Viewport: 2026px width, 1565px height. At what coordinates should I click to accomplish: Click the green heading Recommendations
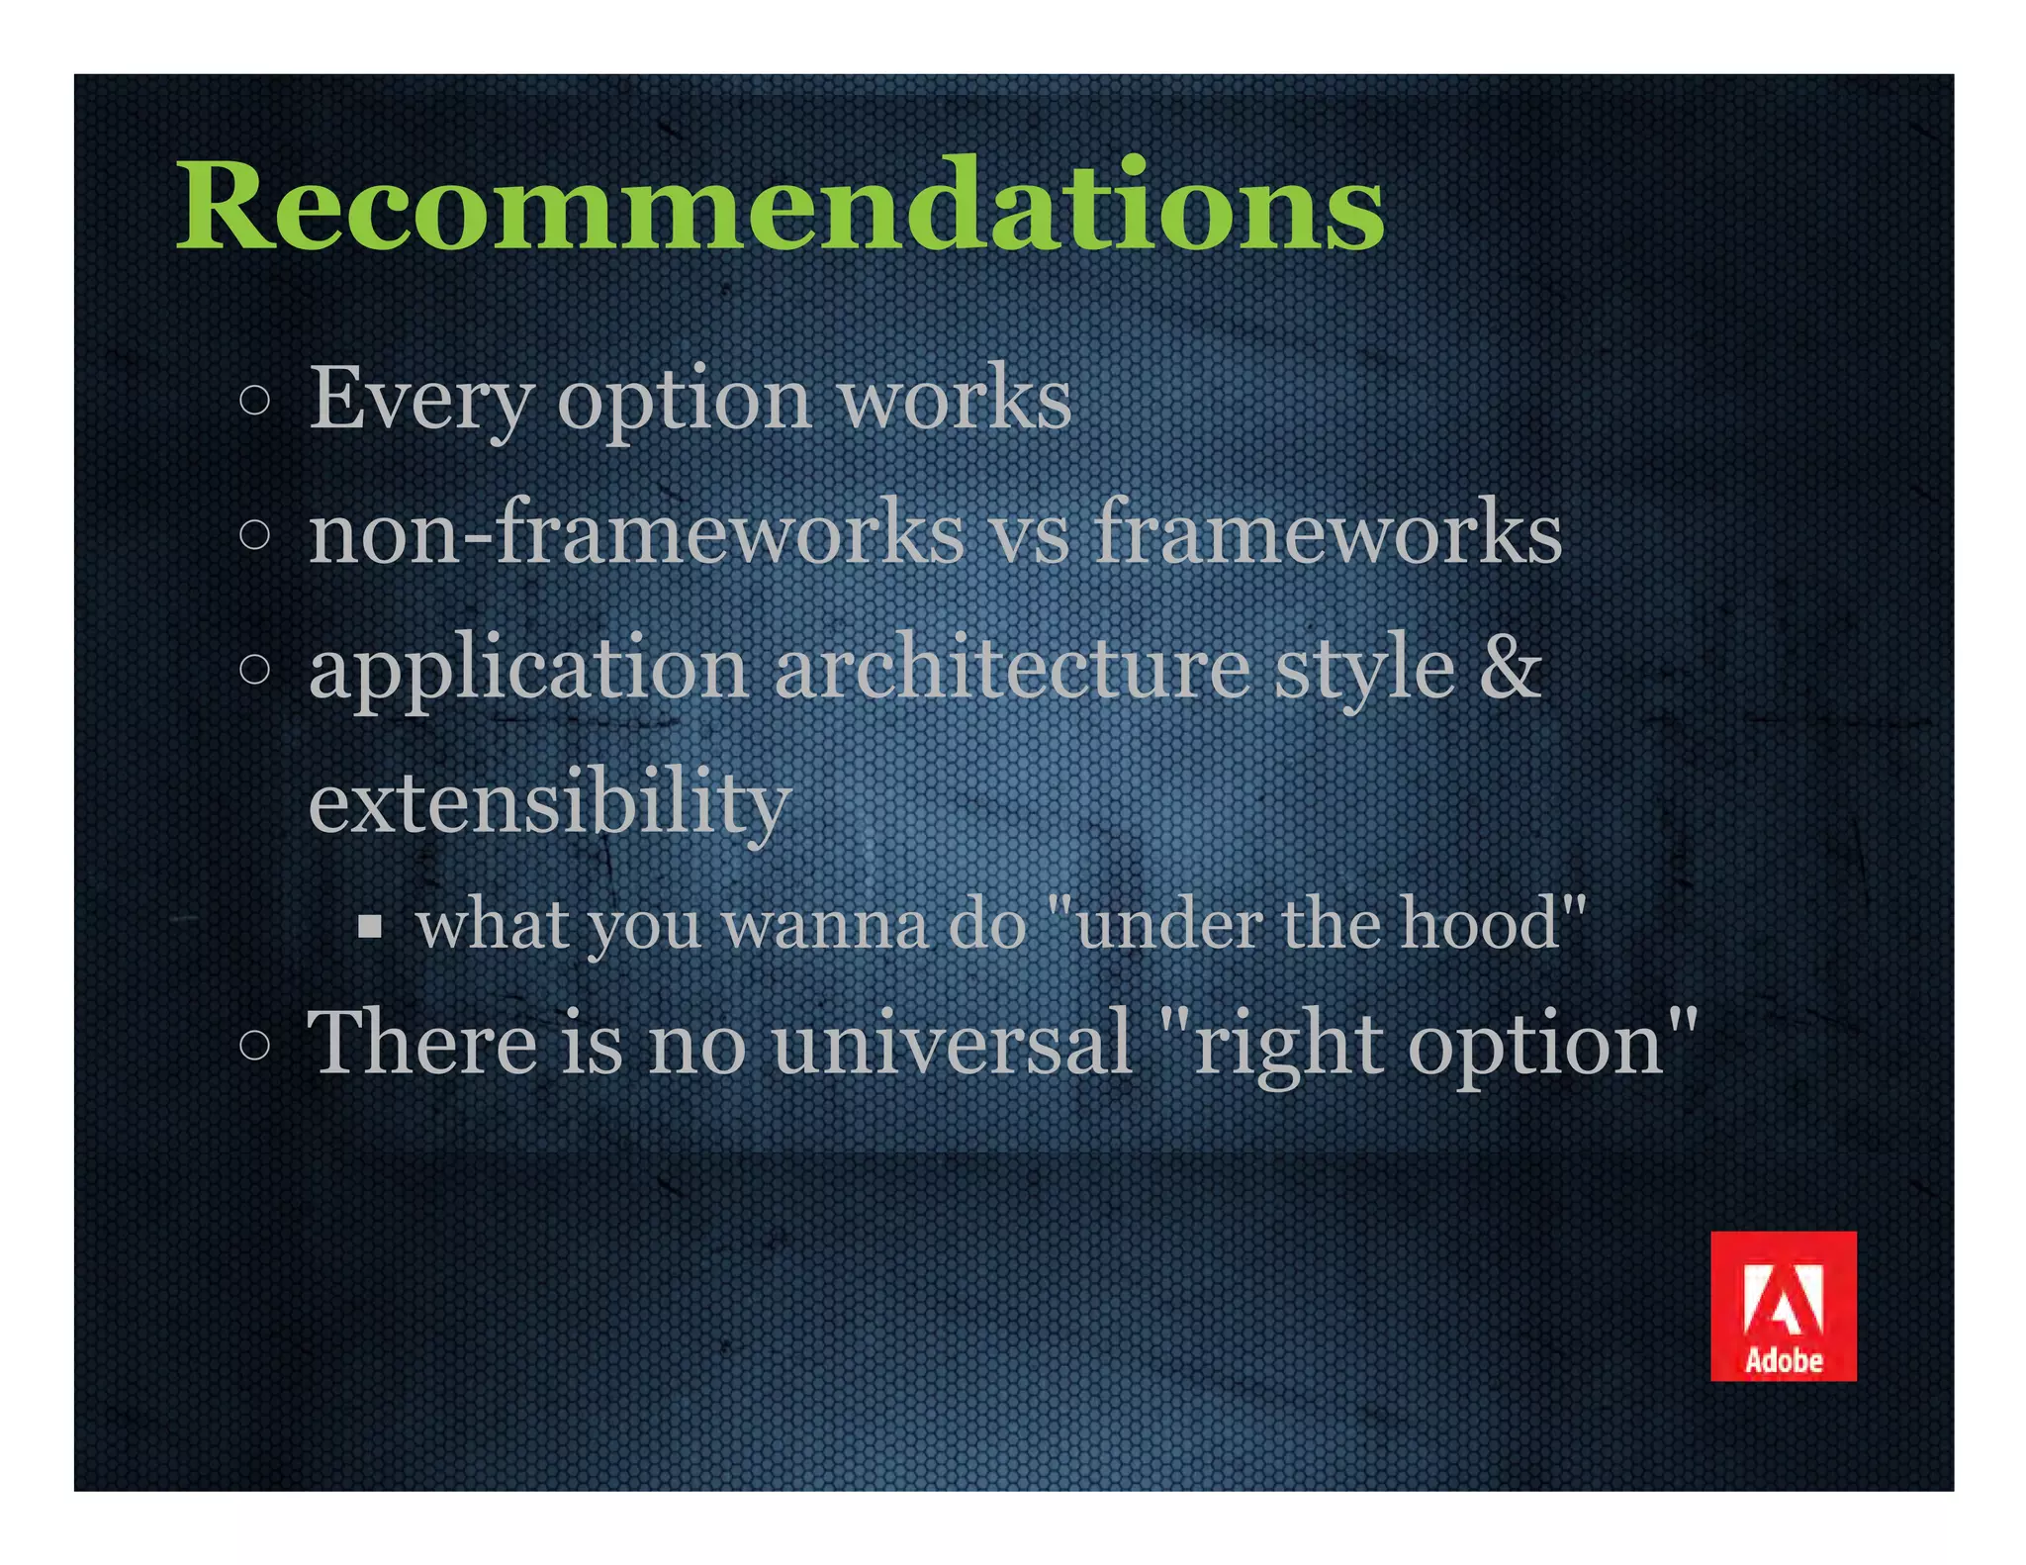pyautogui.click(x=780, y=208)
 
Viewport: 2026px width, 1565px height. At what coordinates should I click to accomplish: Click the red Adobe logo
pyautogui.click(x=1783, y=1305)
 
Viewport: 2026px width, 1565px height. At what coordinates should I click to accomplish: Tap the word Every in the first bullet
pyautogui.click(x=421, y=399)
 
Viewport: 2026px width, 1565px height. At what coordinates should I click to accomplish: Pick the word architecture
pyautogui.click(x=1012, y=668)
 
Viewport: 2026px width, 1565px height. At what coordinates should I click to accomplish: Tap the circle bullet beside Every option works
pyautogui.click(x=255, y=401)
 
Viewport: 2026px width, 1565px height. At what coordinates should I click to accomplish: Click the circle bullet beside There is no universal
pyautogui.click(x=255, y=1045)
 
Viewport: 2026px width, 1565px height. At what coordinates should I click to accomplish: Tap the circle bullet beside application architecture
pyautogui.click(x=255, y=670)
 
